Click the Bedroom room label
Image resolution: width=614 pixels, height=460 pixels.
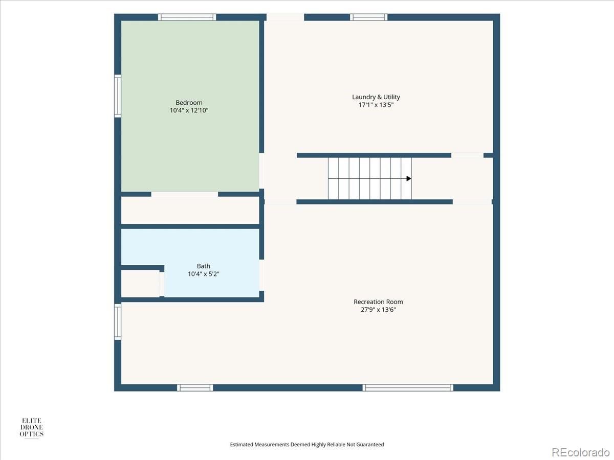189,103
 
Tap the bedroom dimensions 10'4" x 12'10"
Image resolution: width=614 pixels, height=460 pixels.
189,110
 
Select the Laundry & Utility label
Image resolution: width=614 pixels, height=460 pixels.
376,97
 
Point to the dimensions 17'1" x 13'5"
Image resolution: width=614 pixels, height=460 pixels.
376,105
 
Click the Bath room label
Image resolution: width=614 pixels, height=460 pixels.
203,266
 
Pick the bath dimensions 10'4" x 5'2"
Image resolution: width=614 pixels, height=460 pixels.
203,274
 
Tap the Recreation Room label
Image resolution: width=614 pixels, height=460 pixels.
378,302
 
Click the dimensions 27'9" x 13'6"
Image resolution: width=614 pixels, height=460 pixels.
378,309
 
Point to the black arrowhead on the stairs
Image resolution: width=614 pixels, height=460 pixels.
409,178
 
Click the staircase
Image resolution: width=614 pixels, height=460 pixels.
370,178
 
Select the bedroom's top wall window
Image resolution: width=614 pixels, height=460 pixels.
187,17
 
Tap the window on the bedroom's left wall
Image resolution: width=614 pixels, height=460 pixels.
118,96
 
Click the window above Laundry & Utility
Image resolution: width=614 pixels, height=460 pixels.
369,17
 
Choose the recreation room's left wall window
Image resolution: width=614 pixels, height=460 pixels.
118,322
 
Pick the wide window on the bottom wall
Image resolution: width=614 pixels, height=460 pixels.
408,387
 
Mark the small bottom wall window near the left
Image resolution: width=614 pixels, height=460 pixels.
195,387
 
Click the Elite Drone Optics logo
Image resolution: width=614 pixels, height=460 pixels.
31,427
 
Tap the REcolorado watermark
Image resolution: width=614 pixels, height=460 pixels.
581,452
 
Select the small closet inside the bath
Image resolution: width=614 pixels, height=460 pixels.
140,284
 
